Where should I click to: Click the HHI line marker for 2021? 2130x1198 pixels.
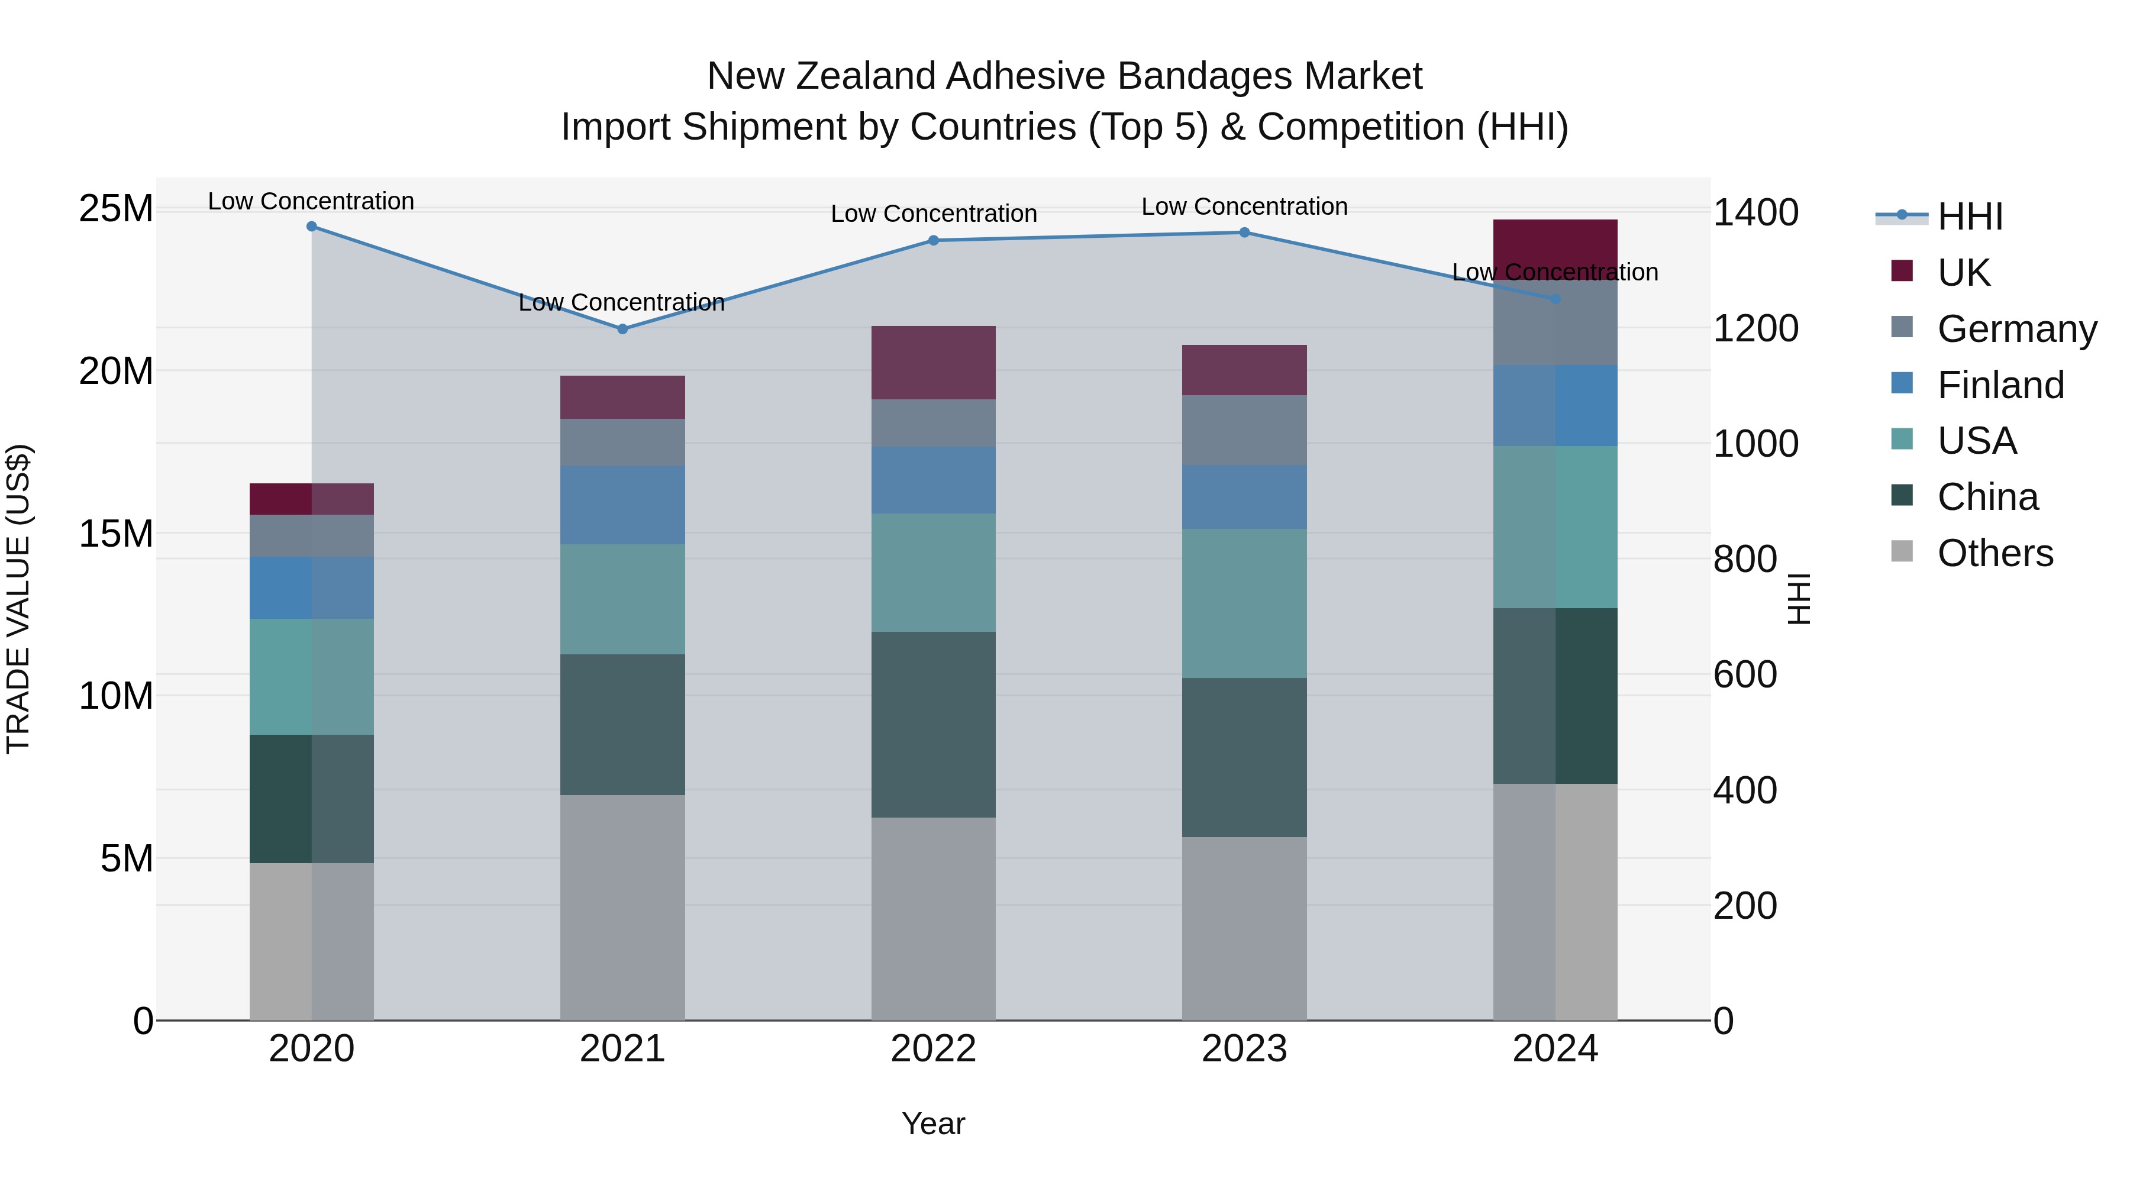[x=622, y=329]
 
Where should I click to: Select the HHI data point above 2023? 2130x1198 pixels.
[x=1244, y=233]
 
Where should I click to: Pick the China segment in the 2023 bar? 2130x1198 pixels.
[x=1244, y=757]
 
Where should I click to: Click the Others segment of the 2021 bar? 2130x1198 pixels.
[x=622, y=907]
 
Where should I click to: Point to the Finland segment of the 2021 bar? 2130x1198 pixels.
[x=622, y=504]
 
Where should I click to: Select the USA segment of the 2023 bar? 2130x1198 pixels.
[x=1244, y=603]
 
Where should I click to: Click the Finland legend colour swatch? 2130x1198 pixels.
[x=1902, y=383]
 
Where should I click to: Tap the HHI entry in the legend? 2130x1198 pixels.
[x=1970, y=217]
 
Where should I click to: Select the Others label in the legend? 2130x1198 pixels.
[x=1995, y=553]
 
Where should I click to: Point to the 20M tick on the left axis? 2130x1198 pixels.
[x=116, y=371]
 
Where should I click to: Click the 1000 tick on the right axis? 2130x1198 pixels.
[x=1755, y=444]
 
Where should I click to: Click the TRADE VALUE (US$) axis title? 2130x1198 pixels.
[x=18, y=599]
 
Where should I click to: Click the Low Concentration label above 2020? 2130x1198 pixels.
[x=311, y=201]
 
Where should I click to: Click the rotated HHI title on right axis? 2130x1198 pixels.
[x=1799, y=599]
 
